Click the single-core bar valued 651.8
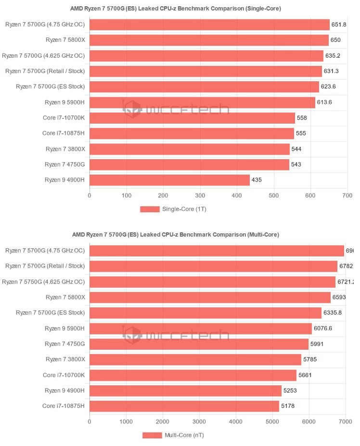click(x=209, y=25)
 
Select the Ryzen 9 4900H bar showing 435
click(x=169, y=180)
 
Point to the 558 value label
click(x=302, y=118)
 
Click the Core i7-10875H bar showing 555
click(x=192, y=133)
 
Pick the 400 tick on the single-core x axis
click(x=200, y=195)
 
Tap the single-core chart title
click(x=176, y=8)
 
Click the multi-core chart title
click(x=176, y=234)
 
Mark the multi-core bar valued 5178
click(x=184, y=406)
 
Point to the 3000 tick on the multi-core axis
click(x=199, y=421)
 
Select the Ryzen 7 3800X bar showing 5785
click(x=195, y=359)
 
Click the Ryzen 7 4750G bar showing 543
click(x=189, y=165)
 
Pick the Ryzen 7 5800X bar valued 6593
click(x=210, y=297)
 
